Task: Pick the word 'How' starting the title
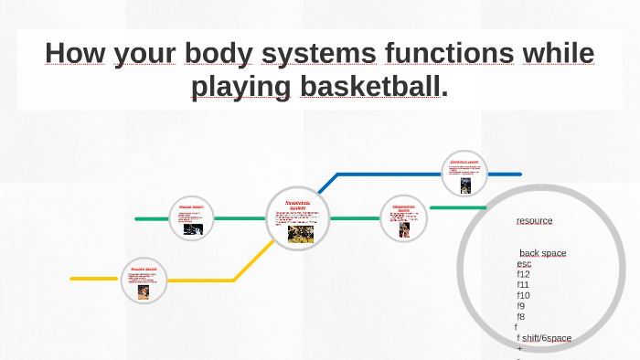[75, 53]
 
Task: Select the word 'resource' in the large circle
[534, 220]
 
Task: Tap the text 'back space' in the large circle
[543, 253]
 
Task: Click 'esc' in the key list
[524, 263]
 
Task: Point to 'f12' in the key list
[523, 274]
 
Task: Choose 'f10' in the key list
[523, 295]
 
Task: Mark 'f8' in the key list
[520, 316]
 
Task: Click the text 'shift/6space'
[547, 338]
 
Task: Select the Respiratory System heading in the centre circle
[297, 206]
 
